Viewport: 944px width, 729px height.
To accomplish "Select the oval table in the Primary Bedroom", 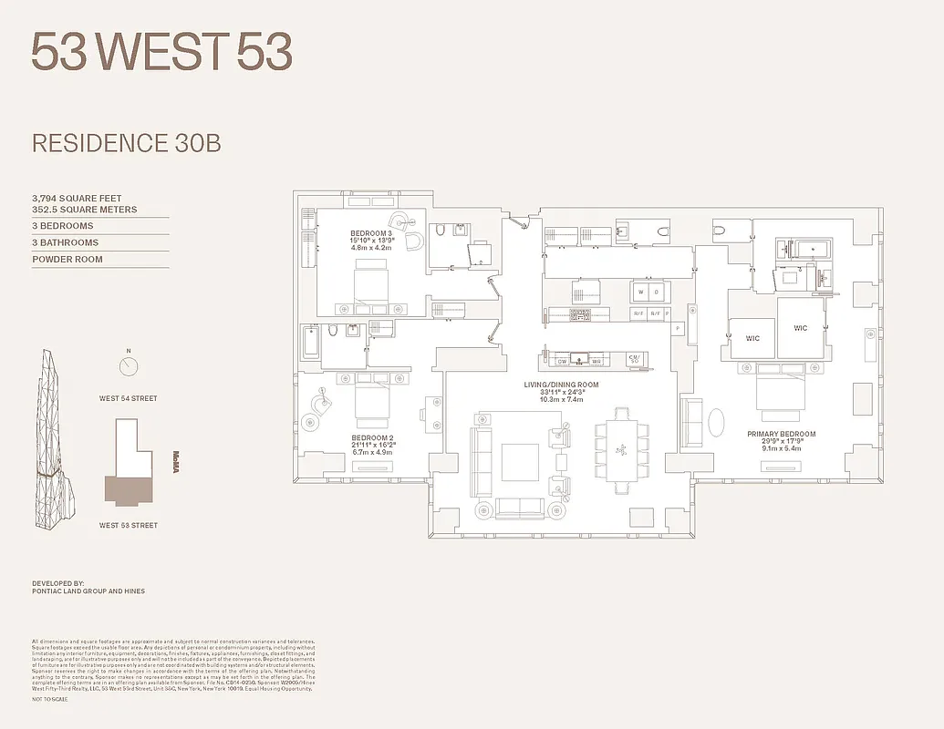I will click(717, 425).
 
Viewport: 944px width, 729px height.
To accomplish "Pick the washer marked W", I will click(641, 293).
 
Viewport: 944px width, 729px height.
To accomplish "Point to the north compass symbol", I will click(129, 366).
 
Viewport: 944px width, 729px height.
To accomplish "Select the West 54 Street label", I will click(129, 398).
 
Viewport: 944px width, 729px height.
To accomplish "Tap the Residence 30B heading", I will click(126, 143).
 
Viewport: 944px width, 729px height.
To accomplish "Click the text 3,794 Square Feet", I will click(77, 198).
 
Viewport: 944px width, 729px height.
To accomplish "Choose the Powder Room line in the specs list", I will click(67, 260).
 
